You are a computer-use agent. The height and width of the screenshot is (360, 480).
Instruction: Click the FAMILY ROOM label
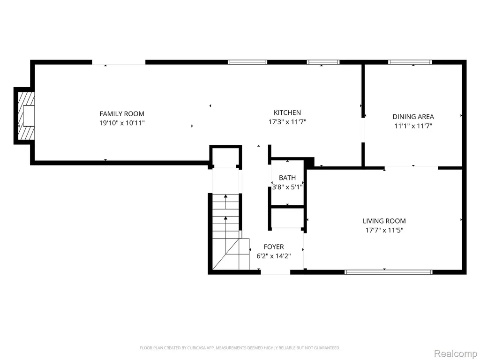[122, 114]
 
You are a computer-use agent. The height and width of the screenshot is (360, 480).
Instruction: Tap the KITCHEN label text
[287, 112]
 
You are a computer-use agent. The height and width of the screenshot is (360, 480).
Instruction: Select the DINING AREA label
[413, 117]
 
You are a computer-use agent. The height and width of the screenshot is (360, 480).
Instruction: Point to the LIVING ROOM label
[384, 221]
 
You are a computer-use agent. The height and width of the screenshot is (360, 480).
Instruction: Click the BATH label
[287, 178]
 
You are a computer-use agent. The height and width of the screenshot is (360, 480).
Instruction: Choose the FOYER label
[274, 247]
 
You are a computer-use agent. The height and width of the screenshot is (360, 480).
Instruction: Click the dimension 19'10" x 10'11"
[122, 123]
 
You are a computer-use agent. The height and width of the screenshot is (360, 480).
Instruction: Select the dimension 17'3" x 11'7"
[287, 122]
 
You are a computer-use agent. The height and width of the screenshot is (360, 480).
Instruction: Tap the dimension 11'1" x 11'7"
[413, 126]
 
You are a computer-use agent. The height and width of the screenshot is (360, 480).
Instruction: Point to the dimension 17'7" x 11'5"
[384, 230]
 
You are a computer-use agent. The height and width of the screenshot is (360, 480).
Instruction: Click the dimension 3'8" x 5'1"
[287, 187]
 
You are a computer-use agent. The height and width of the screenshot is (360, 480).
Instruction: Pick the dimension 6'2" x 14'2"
[274, 256]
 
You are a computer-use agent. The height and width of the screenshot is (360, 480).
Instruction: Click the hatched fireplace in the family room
[26, 116]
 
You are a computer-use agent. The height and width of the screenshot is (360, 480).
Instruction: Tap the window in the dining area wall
[410, 62]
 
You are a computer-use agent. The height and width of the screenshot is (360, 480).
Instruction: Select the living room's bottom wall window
[388, 272]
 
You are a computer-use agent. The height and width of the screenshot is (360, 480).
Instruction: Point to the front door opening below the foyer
[275, 272]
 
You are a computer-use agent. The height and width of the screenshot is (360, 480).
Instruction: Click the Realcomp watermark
[456, 354]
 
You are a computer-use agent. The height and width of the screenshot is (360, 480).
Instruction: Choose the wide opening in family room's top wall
[119, 62]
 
